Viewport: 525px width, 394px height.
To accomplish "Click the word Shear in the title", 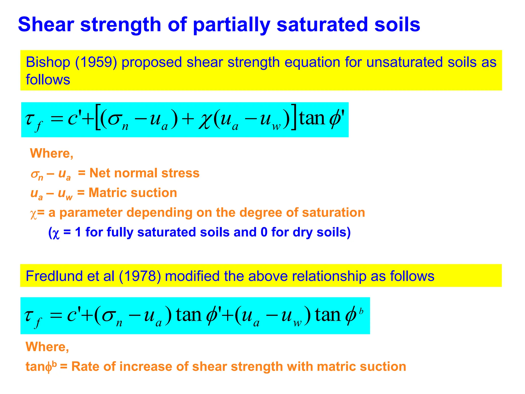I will tap(46, 25).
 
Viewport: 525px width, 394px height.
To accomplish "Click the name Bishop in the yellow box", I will tap(48, 62).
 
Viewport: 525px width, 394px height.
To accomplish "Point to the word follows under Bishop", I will tap(48, 80).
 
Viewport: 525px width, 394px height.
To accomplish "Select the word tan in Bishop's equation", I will tap(312, 119).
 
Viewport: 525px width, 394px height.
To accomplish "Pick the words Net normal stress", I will tap(144, 173).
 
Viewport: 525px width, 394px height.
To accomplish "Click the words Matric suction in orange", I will tap(133, 193).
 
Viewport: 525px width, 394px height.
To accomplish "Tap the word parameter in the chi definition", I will tap(91, 213).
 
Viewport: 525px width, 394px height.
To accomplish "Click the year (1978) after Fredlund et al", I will tap(140, 276).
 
